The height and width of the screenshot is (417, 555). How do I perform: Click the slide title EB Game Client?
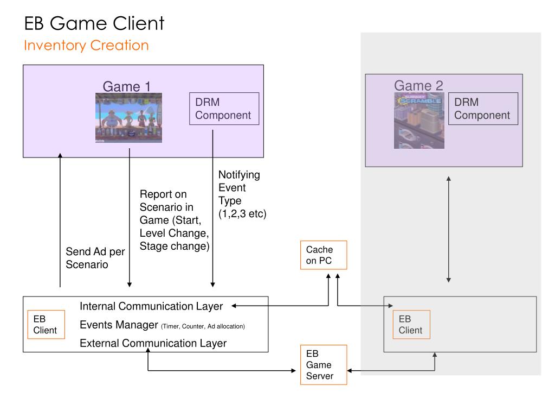tap(94, 23)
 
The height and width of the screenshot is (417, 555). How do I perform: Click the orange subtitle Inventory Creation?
tap(86, 46)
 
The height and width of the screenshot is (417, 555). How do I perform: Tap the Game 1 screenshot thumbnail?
tap(128, 118)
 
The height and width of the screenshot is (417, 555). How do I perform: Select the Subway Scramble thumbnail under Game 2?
tap(419, 121)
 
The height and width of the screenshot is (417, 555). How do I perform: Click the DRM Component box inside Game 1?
tap(224, 109)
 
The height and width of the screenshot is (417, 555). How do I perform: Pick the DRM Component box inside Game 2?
tap(483, 109)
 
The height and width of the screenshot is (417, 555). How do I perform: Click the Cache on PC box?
tap(324, 255)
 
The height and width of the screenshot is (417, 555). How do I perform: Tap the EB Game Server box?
tap(324, 364)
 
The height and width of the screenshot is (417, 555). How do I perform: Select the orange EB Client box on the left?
tap(46, 325)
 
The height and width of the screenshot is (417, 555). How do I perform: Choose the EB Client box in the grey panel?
tap(411, 325)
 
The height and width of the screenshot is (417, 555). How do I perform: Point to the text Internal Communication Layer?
tap(151, 306)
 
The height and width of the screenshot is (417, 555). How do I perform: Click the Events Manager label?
tap(119, 325)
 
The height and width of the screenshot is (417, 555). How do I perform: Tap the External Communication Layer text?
tap(153, 343)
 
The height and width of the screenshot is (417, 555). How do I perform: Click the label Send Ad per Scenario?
tap(95, 258)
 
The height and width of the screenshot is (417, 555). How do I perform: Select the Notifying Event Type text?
tap(242, 194)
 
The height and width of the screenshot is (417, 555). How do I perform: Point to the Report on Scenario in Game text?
tap(175, 220)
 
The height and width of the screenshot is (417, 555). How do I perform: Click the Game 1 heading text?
tap(127, 86)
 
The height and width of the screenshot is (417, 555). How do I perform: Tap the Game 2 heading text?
tap(418, 85)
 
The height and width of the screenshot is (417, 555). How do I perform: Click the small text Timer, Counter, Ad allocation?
tap(203, 326)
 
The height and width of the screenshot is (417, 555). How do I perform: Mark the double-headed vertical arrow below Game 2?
tap(448, 230)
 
